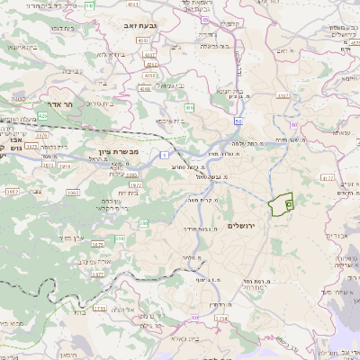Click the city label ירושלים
pyautogui.click(x=242, y=224)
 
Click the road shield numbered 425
pyautogui.click(x=42, y=116)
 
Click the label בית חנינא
pyautogui.click(x=232, y=90)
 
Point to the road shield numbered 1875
pyautogui.click(x=98, y=244)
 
